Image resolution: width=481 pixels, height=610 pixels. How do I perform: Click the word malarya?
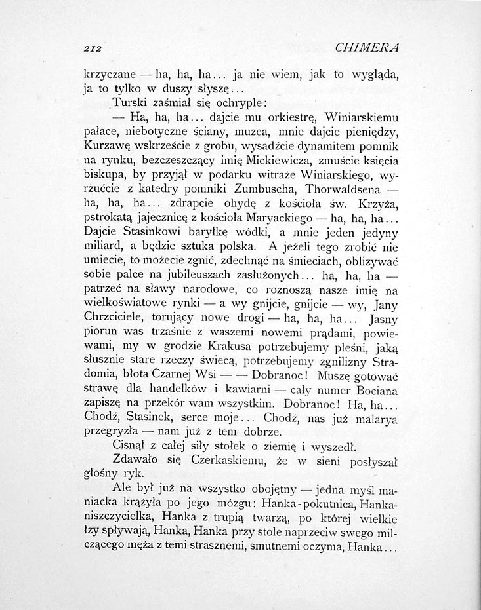369,419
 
